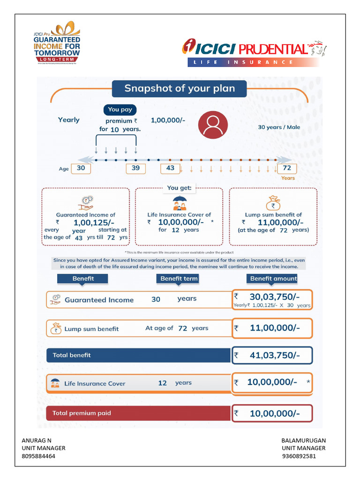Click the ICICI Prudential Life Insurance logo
(254, 53)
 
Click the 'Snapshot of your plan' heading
(179, 88)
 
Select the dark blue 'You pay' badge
(120, 110)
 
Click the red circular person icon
(213, 125)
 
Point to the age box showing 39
(135, 168)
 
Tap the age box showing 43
(170, 168)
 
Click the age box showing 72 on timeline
(287, 168)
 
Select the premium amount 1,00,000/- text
(168, 120)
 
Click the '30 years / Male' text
(279, 127)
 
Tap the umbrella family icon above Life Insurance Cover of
(179, 203)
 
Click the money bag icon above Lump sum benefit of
(273, 203)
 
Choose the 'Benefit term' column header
(179, 278)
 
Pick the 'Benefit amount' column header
(273, 278)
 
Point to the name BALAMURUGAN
(303, 441)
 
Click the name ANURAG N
(37, 441)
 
